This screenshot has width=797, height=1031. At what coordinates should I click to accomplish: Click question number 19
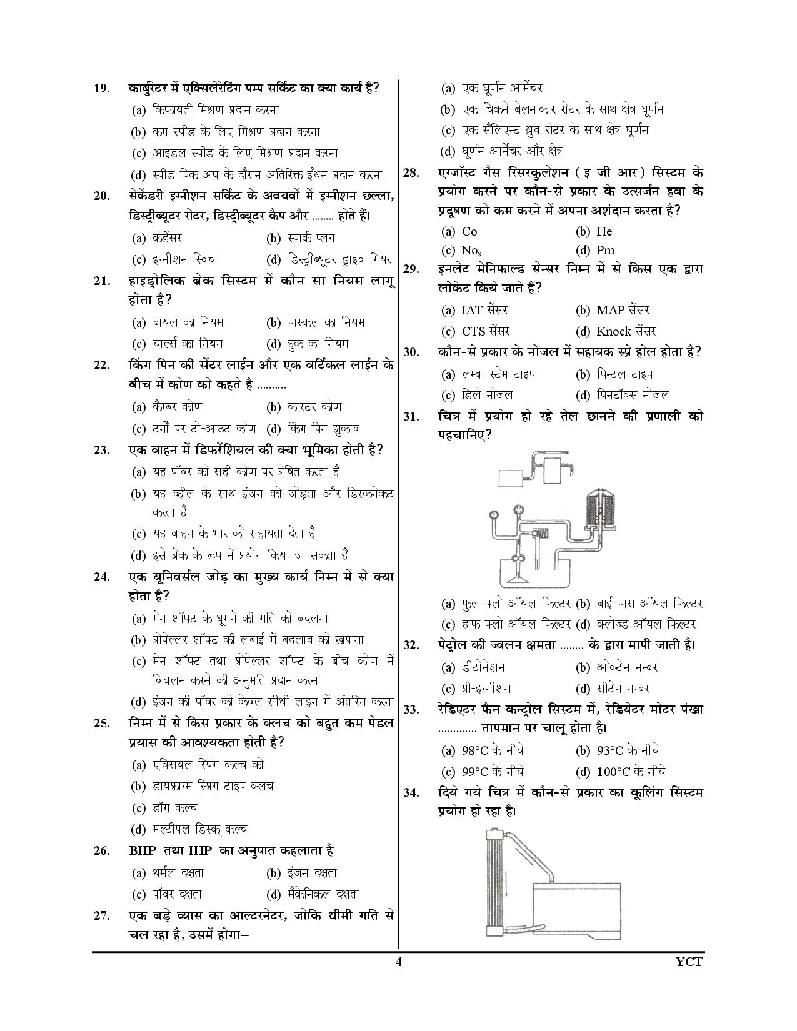pos(102,88)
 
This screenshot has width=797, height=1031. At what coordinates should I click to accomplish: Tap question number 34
pos(411,793)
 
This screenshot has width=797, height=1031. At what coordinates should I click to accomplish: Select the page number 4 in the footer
pos(398,962)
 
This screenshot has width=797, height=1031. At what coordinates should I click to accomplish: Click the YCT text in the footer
pos(689,962)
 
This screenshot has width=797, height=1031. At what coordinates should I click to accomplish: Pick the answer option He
pos(604,231)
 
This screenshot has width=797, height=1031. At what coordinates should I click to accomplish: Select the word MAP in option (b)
pos(611,310)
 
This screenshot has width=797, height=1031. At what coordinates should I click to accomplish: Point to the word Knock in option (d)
pos(614,331)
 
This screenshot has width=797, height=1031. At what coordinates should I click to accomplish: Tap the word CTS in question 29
pos(474,331)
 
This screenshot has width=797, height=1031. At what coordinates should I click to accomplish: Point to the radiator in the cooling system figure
pos(494,880)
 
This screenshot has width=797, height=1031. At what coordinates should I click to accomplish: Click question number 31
pos(411,417)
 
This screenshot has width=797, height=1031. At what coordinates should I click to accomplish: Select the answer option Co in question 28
pos(469,231)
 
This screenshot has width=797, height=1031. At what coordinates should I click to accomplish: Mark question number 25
pos(102,724)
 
